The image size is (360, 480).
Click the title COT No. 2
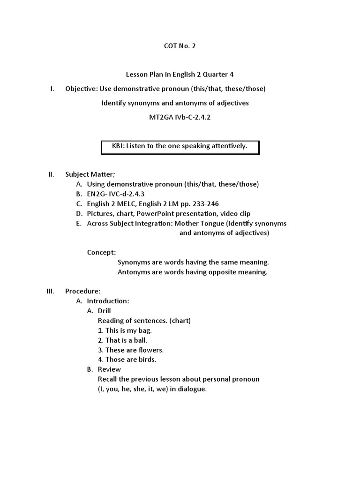tap(180, 46)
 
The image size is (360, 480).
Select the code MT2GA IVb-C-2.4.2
tap(180, 117)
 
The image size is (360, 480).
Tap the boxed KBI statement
tap(180, 146)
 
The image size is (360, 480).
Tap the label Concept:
tap(101, 252)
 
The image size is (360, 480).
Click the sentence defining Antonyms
tap(192, 272)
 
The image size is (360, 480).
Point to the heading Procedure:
tap(83, 291)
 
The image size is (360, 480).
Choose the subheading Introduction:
tap(108, 301)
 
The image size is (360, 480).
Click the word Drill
tap(105, 311)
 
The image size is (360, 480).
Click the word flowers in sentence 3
tap(151, 350)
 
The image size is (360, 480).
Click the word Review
tap(109, 369)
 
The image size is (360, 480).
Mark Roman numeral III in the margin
tap(51, 291)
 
